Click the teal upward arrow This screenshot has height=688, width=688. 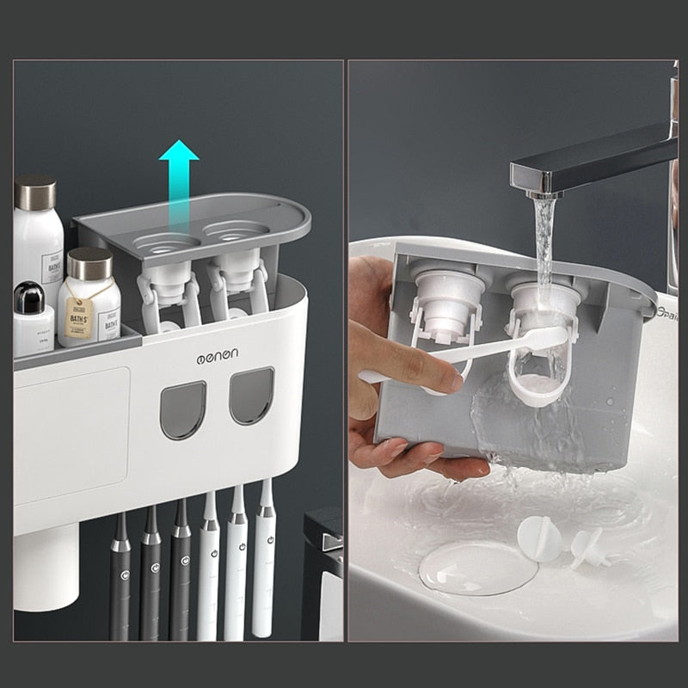[x=179, y=175]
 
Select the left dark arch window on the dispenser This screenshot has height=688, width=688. [x=184, y=409]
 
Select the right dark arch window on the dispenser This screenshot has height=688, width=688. [x=251, y=396]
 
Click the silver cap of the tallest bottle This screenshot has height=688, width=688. [x=35, y=192]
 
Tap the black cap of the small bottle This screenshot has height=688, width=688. [x=29, y=297]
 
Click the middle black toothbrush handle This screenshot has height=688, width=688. [x=150, y=585]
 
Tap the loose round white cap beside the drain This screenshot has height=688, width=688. [x=539, y=538]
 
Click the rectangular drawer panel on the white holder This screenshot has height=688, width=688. [x=71, y=436]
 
